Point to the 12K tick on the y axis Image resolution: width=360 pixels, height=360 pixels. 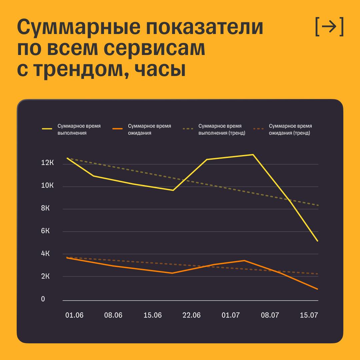pos(47,163)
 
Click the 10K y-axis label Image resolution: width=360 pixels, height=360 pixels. pos(47,185)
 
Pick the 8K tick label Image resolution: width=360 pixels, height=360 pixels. pos(45,208)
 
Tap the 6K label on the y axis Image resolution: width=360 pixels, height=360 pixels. pos(45,231)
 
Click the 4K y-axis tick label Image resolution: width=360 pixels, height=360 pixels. pos(45,253)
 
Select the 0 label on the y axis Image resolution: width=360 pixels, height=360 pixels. pos(43,299)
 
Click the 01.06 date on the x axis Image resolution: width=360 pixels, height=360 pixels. pos(74,315)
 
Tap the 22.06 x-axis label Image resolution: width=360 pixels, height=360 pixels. pos(192,315)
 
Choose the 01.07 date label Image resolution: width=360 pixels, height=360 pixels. pos(231,315)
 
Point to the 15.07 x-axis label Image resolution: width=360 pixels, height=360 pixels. pos(309,315)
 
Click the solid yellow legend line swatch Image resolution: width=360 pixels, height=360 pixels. pos(47,129)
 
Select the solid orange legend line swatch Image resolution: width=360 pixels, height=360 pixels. pos(118,129)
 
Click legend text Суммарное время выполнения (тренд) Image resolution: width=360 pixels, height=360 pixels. pos(222,129)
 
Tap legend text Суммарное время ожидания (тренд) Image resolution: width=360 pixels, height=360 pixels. pos(290,129)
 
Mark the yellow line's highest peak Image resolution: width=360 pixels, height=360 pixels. pos(253,155)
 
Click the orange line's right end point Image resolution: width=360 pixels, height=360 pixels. pos(318,289)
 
